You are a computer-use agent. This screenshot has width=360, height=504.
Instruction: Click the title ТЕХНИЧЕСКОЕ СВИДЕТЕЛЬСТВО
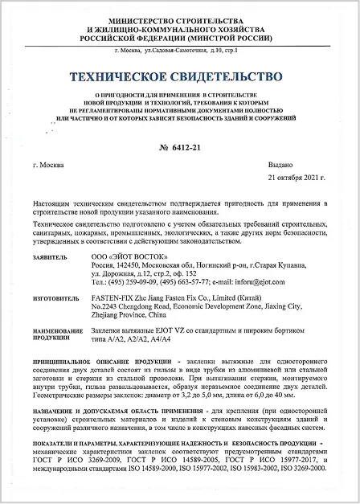point(179,77)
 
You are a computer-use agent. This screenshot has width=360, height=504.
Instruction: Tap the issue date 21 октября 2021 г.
point(298,178)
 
